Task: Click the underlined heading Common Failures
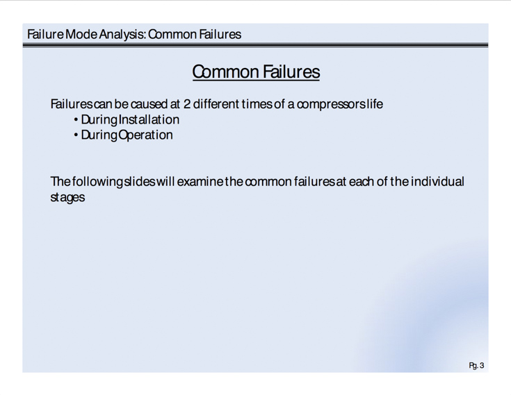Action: coord(256,72)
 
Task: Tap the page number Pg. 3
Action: coord(476,366)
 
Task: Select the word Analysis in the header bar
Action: coord(122,35)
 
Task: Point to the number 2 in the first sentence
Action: coord(187,104)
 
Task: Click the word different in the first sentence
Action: coord(216,104)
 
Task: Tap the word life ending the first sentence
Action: coord(375,104)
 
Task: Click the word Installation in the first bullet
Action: coord(149,119)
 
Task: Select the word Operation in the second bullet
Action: coord(145,135)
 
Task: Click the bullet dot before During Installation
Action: coord(76,120)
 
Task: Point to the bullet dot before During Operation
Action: coord(76,135)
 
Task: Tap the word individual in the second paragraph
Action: coord(437,182)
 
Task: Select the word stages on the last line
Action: coord(67,197)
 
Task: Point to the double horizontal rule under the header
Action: coord(256,45)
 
